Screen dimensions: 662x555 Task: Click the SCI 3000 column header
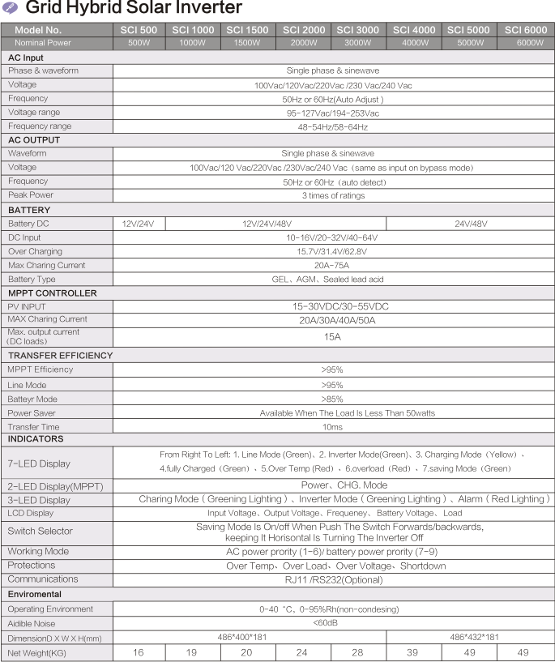pos(357,30)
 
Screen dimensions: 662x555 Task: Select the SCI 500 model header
pos(139,30)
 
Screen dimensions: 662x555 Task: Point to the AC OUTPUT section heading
pos(34,140)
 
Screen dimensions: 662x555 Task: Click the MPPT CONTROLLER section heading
pos(52,293)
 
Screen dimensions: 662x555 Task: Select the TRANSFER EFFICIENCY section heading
pos(60,356)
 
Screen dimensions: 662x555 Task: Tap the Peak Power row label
pos(31,195)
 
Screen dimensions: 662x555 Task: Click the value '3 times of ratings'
pos(332,195)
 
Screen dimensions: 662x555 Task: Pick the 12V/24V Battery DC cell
pos(139,224)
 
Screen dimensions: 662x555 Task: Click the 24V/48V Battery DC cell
pos(470,224)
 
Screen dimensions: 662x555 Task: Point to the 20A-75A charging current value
pos(332,266)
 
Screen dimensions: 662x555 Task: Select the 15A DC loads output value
pos(332,337)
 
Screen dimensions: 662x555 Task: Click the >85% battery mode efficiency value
pos(332,399)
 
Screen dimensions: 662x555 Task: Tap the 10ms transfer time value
pos(332,427)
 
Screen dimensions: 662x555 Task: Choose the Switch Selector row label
pos(40,532)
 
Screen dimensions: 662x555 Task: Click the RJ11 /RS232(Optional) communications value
pos(332,579)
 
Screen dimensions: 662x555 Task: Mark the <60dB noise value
pos(332,623)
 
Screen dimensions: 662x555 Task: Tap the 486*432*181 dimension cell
pos(470,637)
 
